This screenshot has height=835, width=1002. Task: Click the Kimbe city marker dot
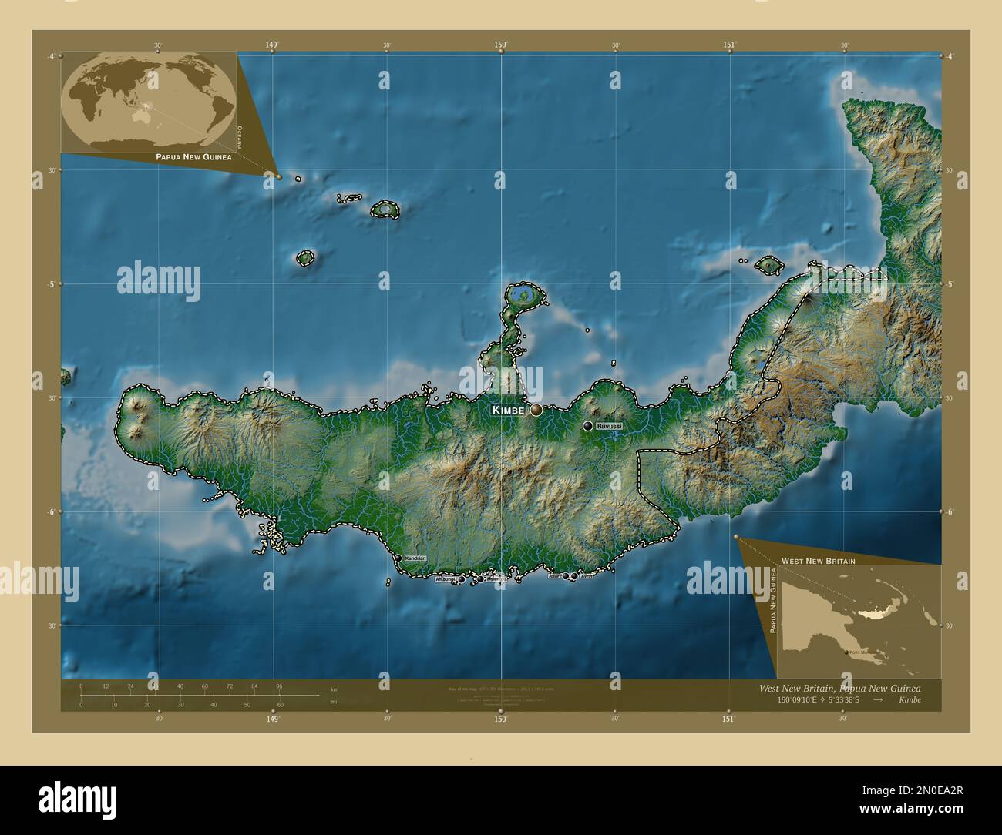(536, 410)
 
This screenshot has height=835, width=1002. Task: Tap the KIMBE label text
(508, 411)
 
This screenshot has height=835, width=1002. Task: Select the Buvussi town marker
(587, 426)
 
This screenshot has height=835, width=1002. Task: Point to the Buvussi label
(609, 426)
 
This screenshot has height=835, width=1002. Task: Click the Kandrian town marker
(398, 558)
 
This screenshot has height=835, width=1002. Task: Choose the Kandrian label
(415, 558)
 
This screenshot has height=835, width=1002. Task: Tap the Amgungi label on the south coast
(446, 579)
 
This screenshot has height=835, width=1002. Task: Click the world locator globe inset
(149, 100)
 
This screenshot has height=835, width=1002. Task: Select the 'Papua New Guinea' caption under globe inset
(193, 156)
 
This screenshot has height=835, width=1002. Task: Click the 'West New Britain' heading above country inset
(818, 561)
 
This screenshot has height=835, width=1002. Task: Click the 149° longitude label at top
(272, 45)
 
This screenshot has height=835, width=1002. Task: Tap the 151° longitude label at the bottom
(729, 719)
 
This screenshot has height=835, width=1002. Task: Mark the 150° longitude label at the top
(501, 45)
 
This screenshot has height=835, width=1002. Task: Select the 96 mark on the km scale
(279, 686)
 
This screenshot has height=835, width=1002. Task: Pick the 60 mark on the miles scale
(281, 704)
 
